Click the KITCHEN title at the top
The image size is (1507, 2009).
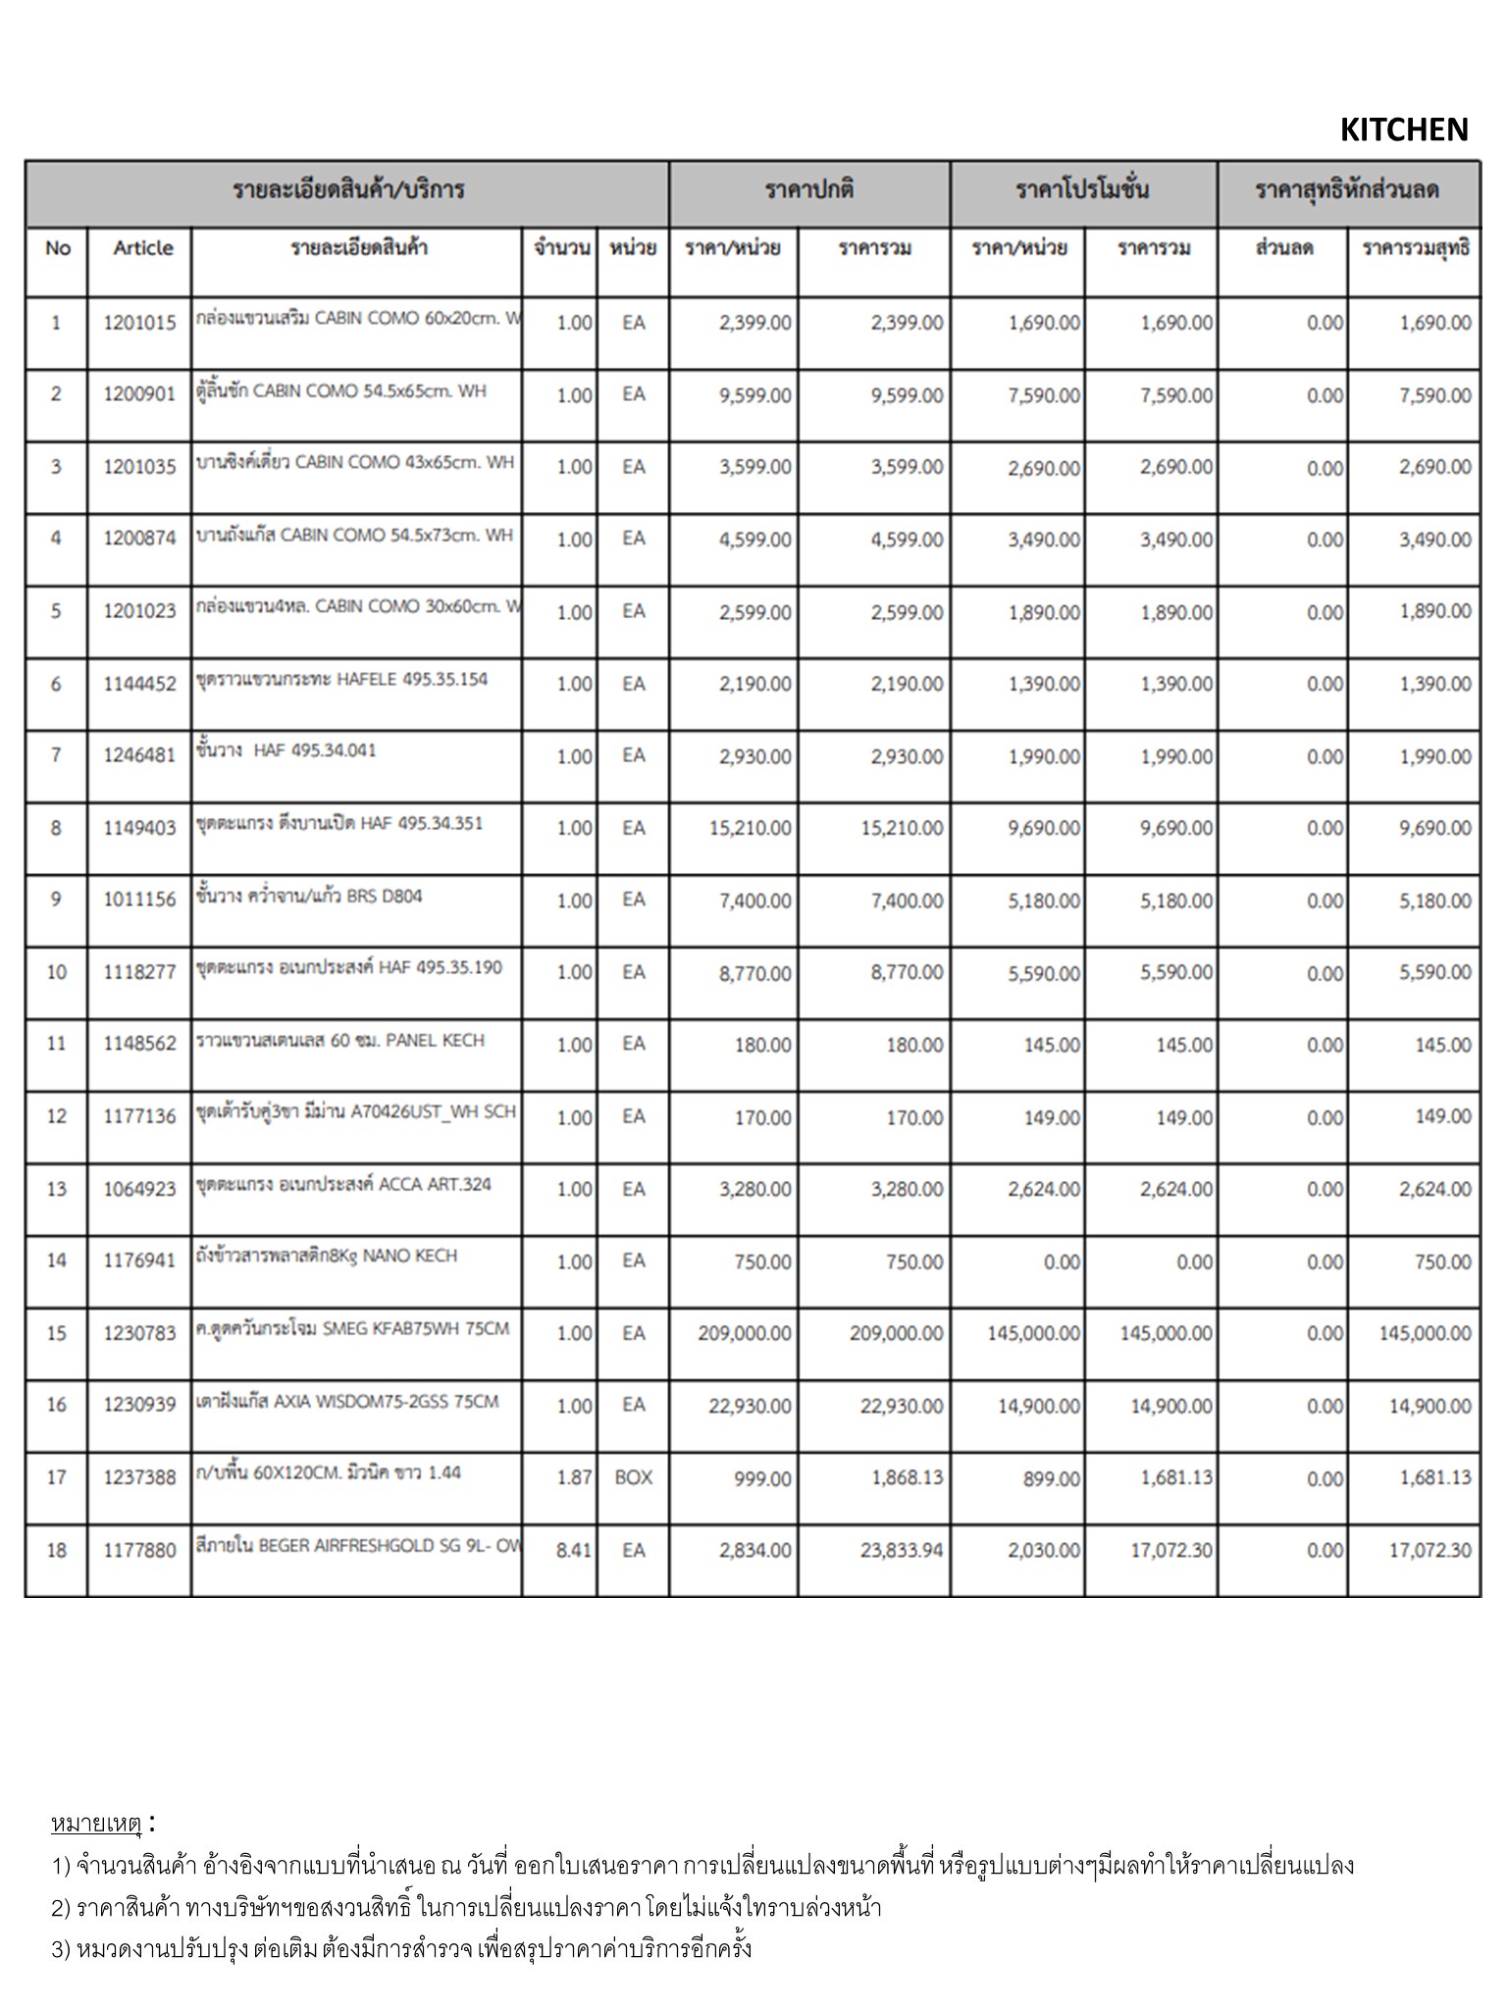1403,129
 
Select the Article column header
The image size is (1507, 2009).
142,248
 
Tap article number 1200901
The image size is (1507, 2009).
139,394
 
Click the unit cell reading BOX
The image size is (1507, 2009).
633,1477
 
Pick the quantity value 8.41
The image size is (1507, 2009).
574,1550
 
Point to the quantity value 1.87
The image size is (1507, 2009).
574,1477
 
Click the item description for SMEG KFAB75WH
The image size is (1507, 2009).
353,1329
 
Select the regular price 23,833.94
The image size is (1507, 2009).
901,1551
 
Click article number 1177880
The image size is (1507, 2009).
139,1550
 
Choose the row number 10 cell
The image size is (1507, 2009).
56,972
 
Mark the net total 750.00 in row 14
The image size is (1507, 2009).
1442,1262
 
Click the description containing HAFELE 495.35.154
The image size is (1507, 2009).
341,680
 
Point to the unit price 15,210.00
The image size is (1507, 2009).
750,829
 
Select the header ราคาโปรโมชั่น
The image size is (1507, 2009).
1082,190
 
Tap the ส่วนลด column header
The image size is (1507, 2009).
1283,248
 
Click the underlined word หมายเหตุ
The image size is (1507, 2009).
96,1824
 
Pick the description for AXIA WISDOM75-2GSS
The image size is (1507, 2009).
347,1402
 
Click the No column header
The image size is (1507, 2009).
57,248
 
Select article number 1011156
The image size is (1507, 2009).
139,900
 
